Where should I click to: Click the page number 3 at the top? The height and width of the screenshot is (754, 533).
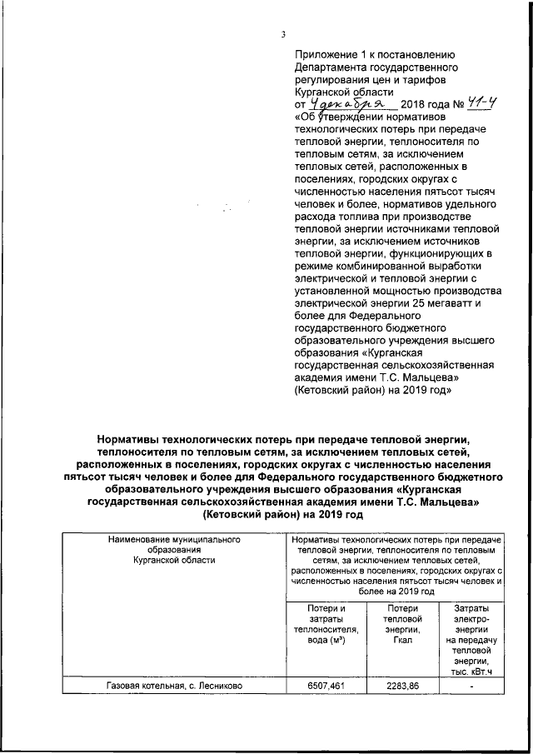(x=283, y=34)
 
